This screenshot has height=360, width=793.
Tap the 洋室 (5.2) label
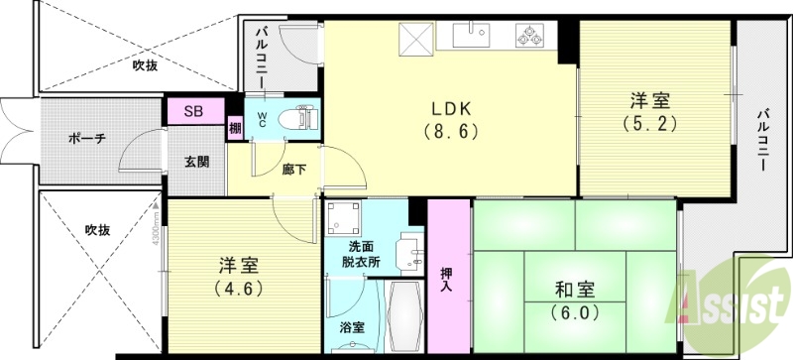tap(649, 111)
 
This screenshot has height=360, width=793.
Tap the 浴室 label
tap(351, 326)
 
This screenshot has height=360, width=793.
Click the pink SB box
tap(194, 111)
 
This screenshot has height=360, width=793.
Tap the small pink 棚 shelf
tap(235, 127)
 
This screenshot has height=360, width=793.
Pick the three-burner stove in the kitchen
tap(527, 37)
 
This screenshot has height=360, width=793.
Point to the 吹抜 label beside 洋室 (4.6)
tap(96, 230)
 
